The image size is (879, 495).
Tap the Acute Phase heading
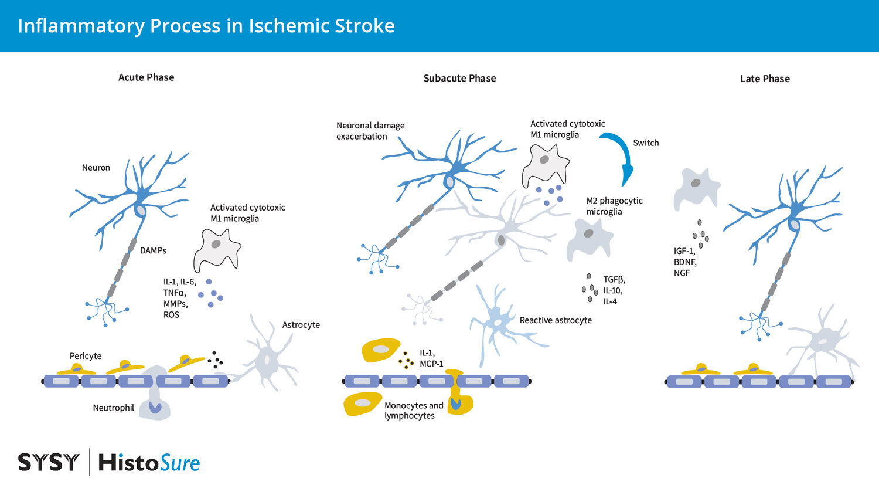click(146, 77)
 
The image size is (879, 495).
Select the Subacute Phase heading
click(459, 79)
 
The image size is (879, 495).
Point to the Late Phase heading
click(765, 79)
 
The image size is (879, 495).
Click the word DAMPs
click(153, 250)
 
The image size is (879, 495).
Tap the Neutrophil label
click(113, 408)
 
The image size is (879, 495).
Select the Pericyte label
click(86, 356)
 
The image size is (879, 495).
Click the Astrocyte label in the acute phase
click(301, 325)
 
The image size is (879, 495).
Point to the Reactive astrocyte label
click(556, 320)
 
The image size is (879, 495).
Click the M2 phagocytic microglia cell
click(588, 238)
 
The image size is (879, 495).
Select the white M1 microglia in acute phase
click(217, 247)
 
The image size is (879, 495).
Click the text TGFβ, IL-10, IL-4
click(614, 290)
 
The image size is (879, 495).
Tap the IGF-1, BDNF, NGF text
click(684, 262)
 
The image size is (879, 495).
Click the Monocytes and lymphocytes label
click(413, 411)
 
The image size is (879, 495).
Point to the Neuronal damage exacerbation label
click(370, 131)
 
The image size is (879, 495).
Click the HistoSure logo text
click(149, 463)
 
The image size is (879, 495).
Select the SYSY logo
click(48, 463)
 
